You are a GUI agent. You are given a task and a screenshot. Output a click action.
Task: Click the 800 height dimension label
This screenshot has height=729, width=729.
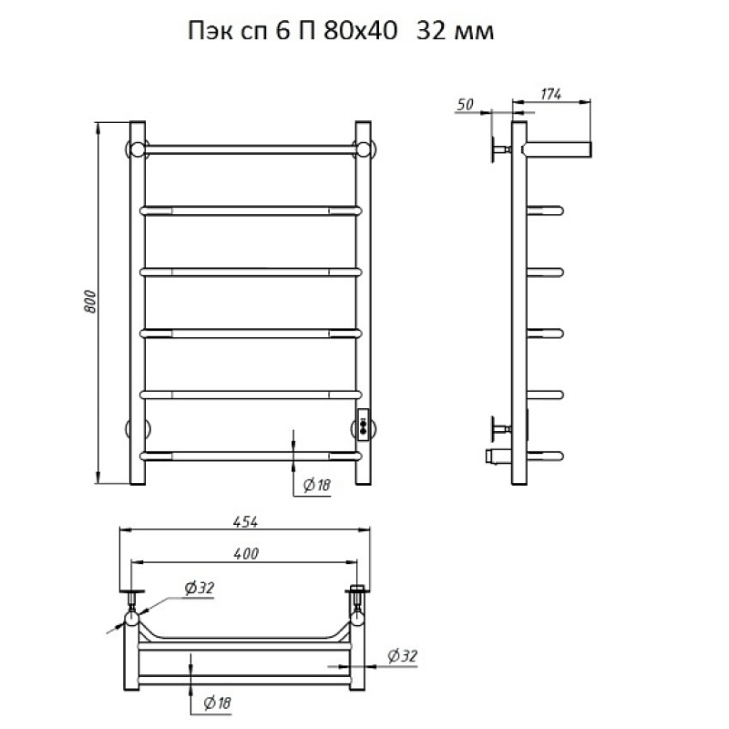(89, 304)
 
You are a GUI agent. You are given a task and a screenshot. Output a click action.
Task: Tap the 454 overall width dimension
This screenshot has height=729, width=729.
(244, 522)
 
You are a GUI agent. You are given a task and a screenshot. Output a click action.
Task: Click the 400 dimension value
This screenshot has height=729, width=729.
(245, 554)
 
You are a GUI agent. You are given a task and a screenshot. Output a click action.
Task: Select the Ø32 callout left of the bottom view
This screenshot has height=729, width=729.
(198, 589)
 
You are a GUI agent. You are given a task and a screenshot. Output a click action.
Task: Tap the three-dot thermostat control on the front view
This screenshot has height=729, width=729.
(364, 424)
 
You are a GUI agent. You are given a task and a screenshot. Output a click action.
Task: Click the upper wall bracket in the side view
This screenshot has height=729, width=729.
(499, 148)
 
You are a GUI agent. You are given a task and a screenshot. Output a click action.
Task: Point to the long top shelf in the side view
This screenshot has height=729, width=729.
(558, 147)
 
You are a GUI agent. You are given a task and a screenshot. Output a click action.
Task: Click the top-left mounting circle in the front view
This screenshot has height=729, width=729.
(136, 149)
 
